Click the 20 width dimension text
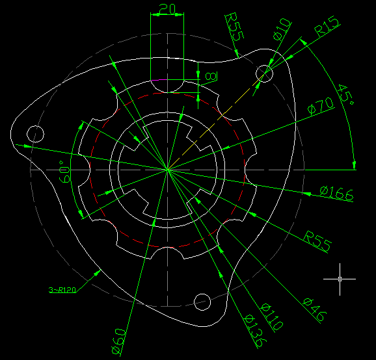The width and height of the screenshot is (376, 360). coord(167,9)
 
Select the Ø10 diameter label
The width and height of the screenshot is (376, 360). coord(282,29)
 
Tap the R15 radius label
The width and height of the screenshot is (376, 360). coord(327,26)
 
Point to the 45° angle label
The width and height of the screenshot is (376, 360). coord(345,94)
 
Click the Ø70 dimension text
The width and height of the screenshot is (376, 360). coord(321,106)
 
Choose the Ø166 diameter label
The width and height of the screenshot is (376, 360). coord(337,193)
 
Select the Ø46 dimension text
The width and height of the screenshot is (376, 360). coord(315,309)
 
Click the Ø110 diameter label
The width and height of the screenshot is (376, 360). coord(272,316)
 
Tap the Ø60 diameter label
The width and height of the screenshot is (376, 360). coord(118,341)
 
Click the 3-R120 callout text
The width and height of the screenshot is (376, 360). coord(62,290)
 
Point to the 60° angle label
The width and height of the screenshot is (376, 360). coord(64,172)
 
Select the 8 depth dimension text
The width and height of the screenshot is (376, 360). coord(211,77)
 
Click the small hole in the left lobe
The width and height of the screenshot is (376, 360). coord(35,134)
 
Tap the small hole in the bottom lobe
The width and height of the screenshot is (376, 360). coord(202,302)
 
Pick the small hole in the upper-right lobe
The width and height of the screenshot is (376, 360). coord(264,73)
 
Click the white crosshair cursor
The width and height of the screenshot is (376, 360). coord(340,279)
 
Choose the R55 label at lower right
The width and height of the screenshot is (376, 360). coord(317,241)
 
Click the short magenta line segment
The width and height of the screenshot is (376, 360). coord(159,80)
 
